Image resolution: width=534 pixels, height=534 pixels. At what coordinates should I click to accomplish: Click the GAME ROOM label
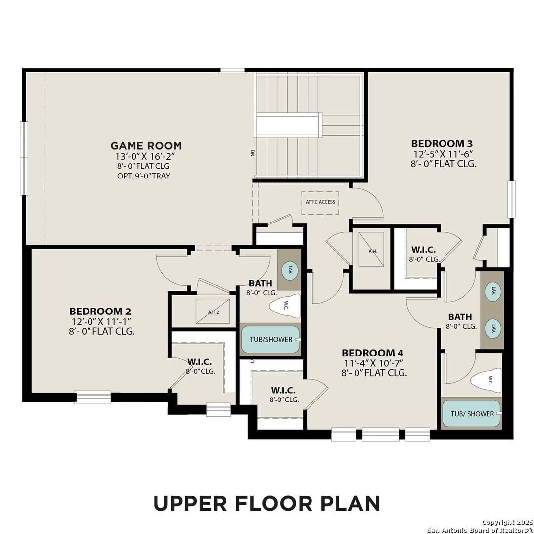(x=146, y=145)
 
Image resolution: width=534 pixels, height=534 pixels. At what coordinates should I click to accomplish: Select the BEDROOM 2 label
(x=100, y=311)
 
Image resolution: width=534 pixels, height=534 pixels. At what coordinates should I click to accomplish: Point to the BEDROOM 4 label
(x=373, y=353)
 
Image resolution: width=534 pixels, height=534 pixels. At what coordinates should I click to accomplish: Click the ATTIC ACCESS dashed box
(x=320, y=202)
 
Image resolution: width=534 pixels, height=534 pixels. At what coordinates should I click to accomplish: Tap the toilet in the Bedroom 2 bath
(x=286, y=306)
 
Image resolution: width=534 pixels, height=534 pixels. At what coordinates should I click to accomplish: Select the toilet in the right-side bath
(x=486, y=380)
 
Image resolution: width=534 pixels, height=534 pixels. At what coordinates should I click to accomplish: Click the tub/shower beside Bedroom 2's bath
(x=270, y=339)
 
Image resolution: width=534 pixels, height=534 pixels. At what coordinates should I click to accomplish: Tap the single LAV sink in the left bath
(x=289, y=270)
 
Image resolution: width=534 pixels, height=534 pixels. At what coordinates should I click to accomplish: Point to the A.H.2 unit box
(x=213, y=311)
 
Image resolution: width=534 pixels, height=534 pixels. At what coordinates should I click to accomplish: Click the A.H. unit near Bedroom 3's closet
(x=372, y=251)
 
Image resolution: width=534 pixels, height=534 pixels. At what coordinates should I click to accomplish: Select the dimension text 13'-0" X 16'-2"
(x=146, y=156)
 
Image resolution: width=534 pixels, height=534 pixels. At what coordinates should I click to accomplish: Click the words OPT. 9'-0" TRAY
(x=146, y=176)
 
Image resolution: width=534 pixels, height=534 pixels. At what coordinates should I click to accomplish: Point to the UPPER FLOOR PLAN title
(x=267, y=503)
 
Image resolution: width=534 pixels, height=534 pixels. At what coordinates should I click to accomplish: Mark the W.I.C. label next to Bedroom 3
(x=424, y=250)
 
